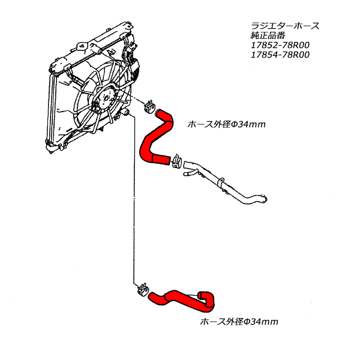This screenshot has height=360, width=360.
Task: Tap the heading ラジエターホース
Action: click(284, 26)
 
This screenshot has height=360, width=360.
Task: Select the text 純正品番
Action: click(267, 35)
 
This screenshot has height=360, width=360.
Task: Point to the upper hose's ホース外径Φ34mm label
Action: click(226, 125)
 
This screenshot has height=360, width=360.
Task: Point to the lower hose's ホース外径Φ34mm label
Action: click(238, 322)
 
